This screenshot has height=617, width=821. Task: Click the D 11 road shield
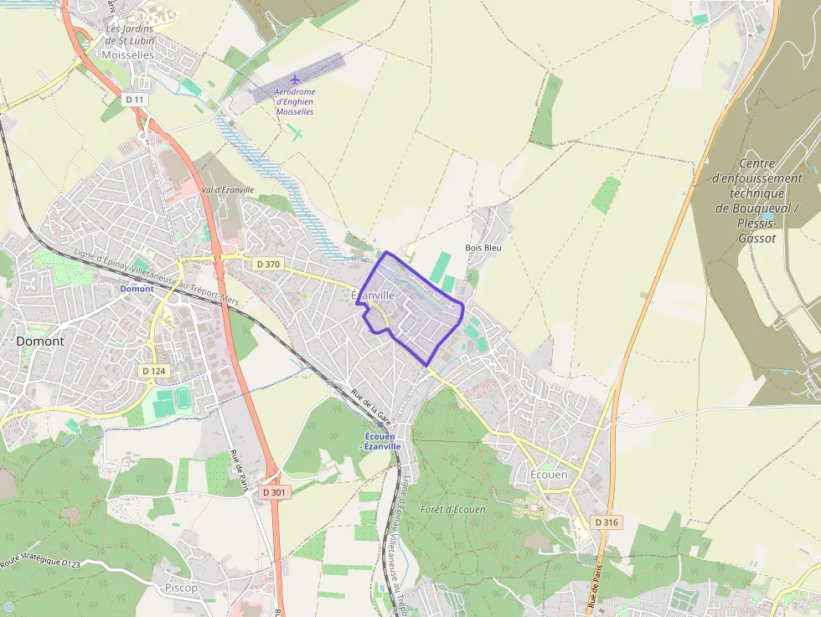click(135, 100)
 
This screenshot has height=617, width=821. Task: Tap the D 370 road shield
click(268, 264)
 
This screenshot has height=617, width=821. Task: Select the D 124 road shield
click(154, 371)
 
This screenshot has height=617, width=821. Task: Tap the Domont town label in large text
click(39, 341)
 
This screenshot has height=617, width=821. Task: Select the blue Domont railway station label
click(137, 289)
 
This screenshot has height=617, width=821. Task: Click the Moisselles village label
click(127, 54)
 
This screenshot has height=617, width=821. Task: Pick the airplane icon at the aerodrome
click(295, 80)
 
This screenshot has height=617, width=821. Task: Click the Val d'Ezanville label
click(228, 190)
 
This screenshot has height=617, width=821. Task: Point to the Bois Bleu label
click(483, 248)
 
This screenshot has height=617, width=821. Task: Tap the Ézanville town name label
click(373, 296)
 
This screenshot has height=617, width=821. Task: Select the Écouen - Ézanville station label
click(380, 441)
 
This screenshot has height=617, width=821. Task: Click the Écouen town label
click(549, 475)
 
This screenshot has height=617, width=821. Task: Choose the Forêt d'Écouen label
click(452, 509)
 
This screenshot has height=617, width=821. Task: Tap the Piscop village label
click(182, 588)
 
